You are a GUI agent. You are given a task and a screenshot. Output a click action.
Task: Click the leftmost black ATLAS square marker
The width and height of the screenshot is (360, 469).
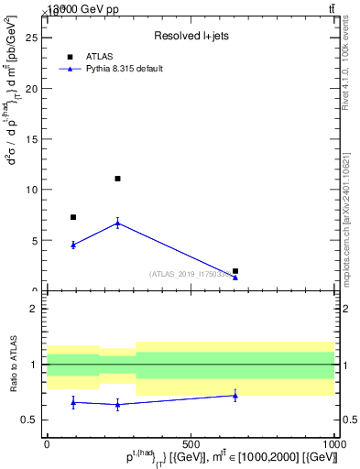[73, 217]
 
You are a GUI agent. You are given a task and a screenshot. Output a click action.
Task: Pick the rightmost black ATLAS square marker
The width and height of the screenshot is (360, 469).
[235, 271]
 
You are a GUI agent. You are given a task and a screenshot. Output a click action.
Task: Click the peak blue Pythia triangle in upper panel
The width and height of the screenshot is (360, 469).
[117, 223]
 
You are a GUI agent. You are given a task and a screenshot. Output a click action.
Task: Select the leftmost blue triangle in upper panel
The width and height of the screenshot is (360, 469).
[73, 245]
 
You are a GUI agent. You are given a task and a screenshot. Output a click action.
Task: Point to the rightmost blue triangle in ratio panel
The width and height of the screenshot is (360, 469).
[235, 395]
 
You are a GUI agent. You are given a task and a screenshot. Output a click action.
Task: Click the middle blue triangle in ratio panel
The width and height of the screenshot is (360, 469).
[117, 404]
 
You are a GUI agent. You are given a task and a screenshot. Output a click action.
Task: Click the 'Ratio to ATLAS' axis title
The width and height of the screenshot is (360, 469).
[13, 364]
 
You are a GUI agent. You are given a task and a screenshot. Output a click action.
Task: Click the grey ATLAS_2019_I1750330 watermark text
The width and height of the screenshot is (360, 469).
[191, 274]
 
